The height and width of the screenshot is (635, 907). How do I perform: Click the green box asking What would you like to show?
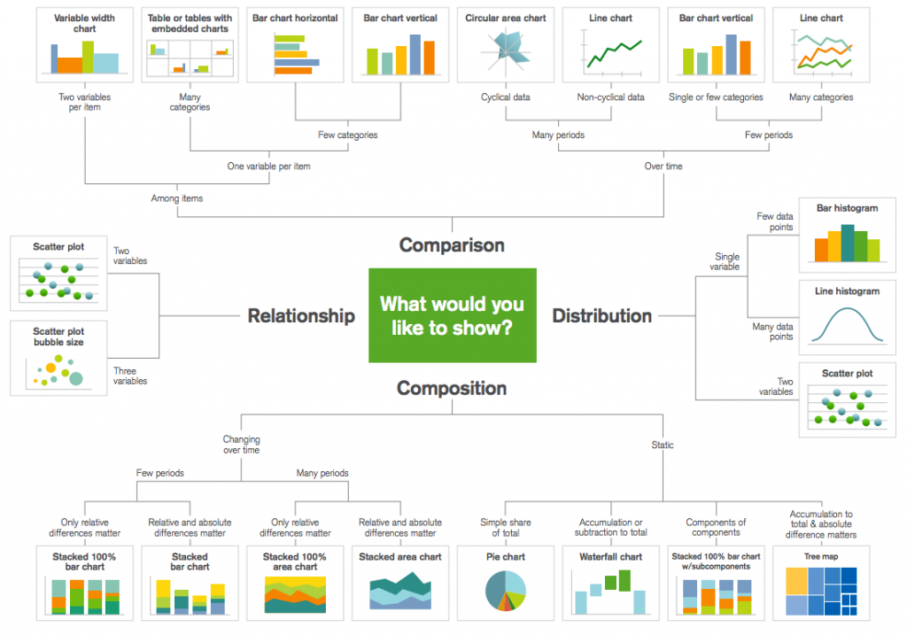pyautogui.click(x=452, y=315)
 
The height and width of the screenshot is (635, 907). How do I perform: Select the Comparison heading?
pyautogui.click(x=452, y=244)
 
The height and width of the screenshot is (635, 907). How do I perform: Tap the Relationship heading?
pyautogui.click(x=301, y=316)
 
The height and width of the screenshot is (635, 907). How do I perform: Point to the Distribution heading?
pyautogui.click(x=602, y=316)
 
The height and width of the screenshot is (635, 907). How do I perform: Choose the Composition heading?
pyautogui.click(x=452, y=388)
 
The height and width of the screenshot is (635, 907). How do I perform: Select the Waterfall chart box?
pyautogui.click(x=610, y=583)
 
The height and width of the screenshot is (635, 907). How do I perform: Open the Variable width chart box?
pyautogui.click(x=85, y=44)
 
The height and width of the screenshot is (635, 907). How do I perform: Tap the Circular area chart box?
pyautogui.click(x=505, y=44)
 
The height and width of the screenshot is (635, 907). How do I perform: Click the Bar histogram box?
pyautogui.click(x=848, y=235)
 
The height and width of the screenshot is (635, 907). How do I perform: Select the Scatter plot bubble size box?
pyautogui.click(x=59, y=358)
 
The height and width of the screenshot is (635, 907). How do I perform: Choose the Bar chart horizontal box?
pyautogui.click(x=295, y=44)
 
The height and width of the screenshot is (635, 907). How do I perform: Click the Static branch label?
pyautogui.click(x=662, y=445)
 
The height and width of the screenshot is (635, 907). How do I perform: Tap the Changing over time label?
pyautogui.click(x=241, y=445)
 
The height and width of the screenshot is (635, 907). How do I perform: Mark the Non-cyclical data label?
pyautogui.click(x=610, y=97)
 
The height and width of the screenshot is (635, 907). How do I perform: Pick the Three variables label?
pyautogui.click(x=129, y=376)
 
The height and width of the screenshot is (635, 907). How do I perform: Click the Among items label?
pyautogui.click(x=176, y=198)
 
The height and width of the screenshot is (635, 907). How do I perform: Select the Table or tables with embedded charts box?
pyautogui.click(x=190, y=44)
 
